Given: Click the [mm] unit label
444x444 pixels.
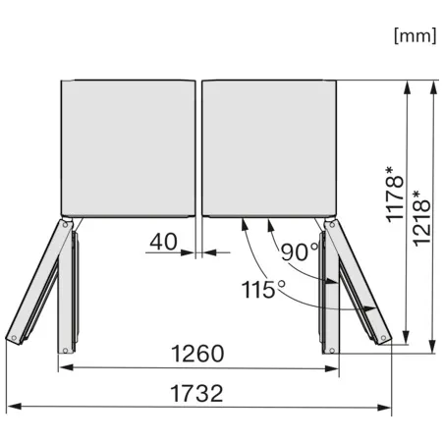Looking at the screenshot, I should pos(414,36).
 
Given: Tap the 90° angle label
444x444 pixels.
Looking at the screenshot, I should pos(300,252).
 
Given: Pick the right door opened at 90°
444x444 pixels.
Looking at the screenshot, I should pos(331,290).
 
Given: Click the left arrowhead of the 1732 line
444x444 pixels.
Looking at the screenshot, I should pos(12,406).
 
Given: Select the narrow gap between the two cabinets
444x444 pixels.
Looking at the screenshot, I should pos(198,147).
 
